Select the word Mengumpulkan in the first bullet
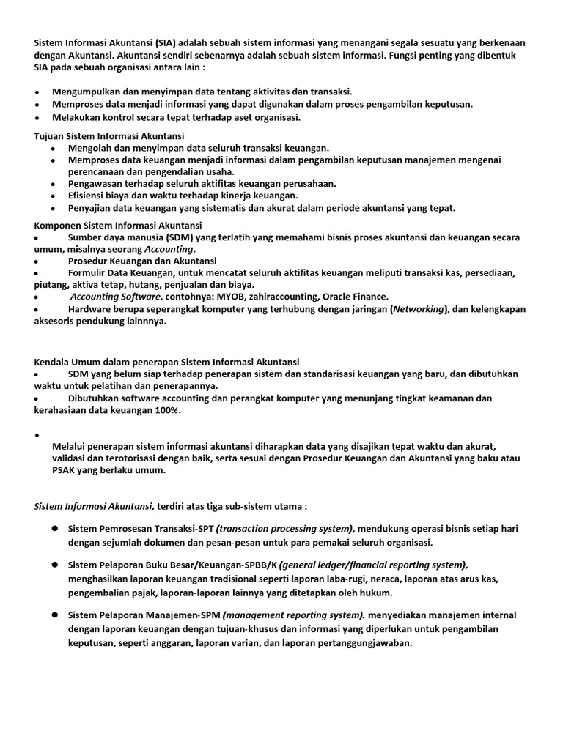coord(85,92)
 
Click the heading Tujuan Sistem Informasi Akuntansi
coord(109,135)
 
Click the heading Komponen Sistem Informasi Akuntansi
coord(118,225)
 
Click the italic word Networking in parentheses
coord(419,309)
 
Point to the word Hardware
coord(89,309)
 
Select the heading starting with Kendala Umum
coord(167,362)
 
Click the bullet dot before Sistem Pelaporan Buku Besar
coord(55,565)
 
